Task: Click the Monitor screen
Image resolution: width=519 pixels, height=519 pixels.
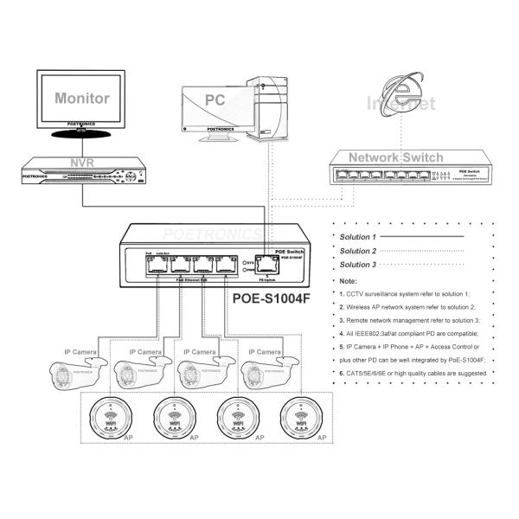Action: tap(82, 99)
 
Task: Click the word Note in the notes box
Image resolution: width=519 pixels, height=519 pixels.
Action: tap(349, 281)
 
